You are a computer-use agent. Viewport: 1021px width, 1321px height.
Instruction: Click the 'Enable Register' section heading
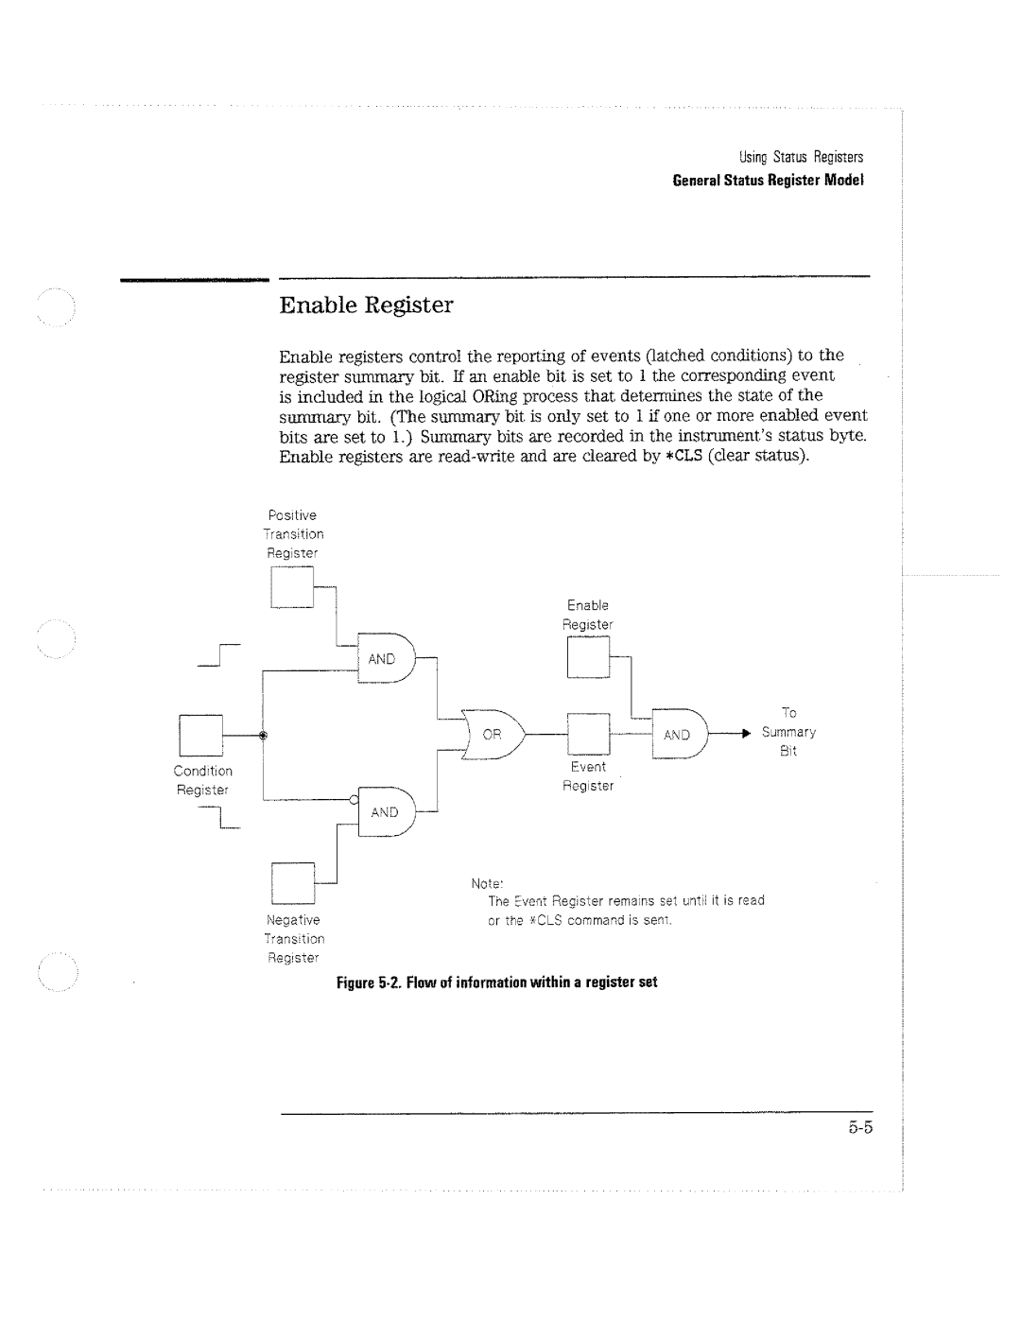point(367,305)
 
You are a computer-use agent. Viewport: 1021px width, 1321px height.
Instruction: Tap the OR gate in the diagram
point(493,735)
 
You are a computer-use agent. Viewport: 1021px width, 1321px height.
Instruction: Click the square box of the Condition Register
point(200,735)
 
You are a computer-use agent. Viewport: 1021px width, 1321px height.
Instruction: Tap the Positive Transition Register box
point(292,587)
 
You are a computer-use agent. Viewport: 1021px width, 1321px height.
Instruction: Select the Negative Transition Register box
point(292,882)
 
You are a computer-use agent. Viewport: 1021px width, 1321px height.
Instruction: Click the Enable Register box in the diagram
point(588,657)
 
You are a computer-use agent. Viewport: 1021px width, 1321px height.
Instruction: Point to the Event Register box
point(588,734)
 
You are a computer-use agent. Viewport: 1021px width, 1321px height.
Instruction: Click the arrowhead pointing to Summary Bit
point(746,734)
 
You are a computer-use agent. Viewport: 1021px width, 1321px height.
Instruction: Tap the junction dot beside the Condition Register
point(263,735)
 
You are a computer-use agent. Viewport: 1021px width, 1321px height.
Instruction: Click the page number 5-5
point(858,1127)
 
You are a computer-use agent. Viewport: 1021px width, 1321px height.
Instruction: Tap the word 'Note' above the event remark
point(485,884)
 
